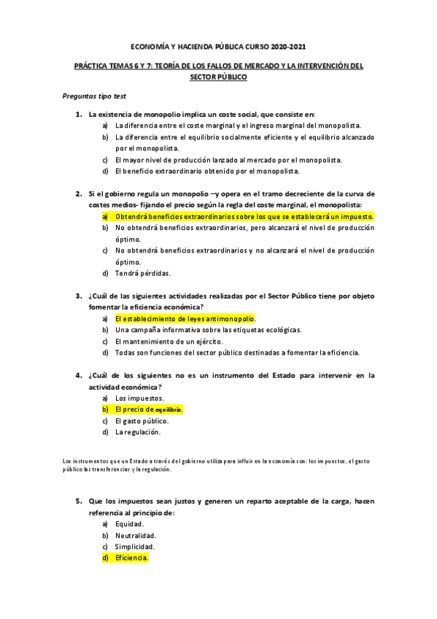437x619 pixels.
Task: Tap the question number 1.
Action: click(x=79, y=115)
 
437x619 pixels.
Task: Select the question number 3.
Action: click(x=79, y=296)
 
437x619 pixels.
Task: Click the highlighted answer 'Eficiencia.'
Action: click(x=131, y=558)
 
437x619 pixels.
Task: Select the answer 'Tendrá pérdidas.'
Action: click(x=143, y=273)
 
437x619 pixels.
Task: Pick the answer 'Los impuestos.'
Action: click(x=139, y=398)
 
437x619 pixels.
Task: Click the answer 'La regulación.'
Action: click(x=137, y=432)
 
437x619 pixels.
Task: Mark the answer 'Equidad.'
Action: click(x=130, y=524)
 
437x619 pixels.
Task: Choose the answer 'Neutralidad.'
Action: click(x=135, y=535)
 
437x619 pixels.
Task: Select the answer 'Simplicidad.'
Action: click(x=135, y=546)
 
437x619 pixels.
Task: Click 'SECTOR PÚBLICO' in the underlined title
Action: click(x=218, y=76)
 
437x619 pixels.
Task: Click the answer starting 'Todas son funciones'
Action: click(x=237, y=353)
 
